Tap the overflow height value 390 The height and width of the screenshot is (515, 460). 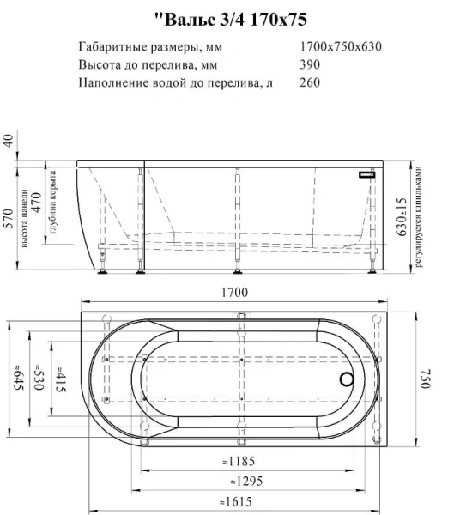click(310, 64)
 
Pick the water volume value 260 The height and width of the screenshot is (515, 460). click(310, 83)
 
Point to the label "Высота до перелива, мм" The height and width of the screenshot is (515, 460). click(136, 64)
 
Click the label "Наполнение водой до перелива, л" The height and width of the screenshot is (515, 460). click(175, 83)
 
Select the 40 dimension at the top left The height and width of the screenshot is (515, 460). click(9, 142)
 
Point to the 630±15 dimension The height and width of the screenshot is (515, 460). click(402, 216)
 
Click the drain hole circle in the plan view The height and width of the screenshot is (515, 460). click(348, 379)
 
